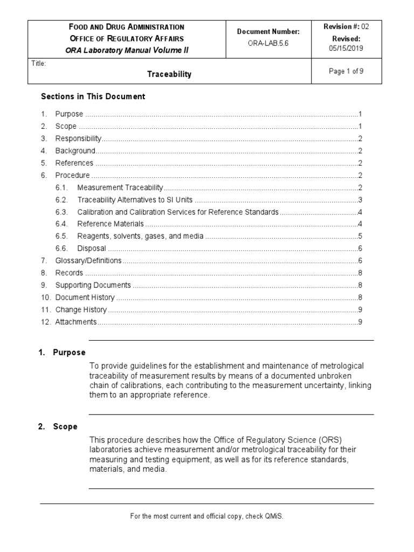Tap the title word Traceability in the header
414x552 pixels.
pyautogui.click(x=169, y=74)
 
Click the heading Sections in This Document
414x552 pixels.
pyautogui.click(x=93, y=96)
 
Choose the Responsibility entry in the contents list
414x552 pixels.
pyautogui.click(x=78, y=139)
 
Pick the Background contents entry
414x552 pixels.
pyautogui.click(x=75, y=151)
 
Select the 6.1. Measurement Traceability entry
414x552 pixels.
pyautogui.click(x=120, y=188)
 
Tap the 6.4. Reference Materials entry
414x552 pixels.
pyautogui.click(x=111, y=224)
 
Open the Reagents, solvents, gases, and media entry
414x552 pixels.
pyautogui.click(x=140, y=236)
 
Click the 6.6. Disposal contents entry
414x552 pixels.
pyautogui.click(x=92, y=249)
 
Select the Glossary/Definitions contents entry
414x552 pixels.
pyautogui.click(x=88, y=261)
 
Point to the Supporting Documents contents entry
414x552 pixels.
pyautogui.click(x=93, y=285)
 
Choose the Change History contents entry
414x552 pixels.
pyautogui.click(x=81, y=309)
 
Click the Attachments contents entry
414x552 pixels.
pyautogui.click(x=76, y=322)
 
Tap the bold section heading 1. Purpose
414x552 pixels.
pyautogui.click(x=62, y=353)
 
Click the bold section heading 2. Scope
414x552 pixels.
pyautogui.click(x=58, y=426)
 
